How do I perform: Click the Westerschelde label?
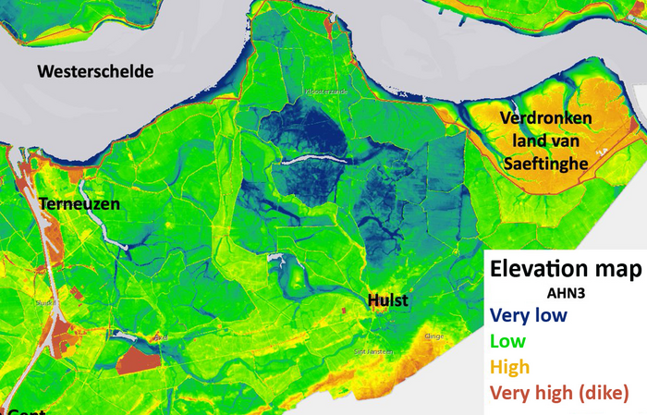coord(95,71)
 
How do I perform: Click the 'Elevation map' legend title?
coord(566,270)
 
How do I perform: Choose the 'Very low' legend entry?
coord(530,315)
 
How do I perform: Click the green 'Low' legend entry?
coord(511,341)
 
